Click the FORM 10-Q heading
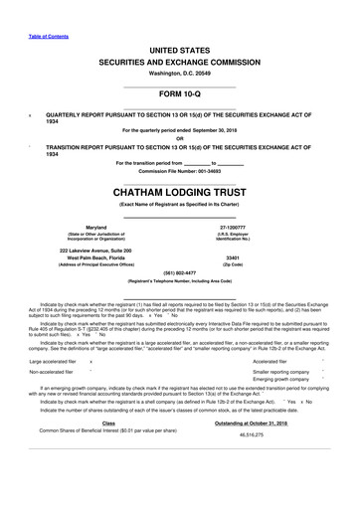(179, 98)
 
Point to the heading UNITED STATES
(179, 48)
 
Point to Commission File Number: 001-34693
(179, 171)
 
